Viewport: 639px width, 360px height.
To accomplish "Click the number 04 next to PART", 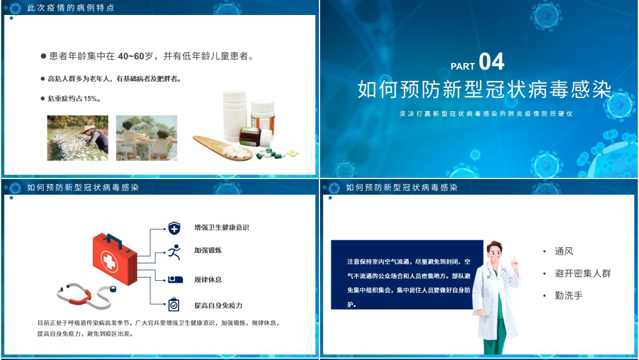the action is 492,62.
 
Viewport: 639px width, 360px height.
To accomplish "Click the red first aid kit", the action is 115,258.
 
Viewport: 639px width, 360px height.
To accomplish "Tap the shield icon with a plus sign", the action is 174,228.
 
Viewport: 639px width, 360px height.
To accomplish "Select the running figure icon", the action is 174,252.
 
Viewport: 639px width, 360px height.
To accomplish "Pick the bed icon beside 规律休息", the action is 175,280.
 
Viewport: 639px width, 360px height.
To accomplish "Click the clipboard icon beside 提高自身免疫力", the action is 173,304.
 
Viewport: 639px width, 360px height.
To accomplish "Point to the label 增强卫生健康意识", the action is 222,227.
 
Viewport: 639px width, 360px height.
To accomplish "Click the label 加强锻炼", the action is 208,250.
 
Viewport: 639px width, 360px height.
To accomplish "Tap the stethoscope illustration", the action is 86,295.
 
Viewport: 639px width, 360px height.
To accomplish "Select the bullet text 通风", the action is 563,251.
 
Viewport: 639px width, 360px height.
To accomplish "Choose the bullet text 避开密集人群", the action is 583,273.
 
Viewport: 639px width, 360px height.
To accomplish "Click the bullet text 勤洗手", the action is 568,295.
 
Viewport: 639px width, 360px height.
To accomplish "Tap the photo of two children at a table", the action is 147,138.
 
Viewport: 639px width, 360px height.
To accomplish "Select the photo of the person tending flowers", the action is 78,138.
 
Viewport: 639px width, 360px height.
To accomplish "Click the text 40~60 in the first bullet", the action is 132,56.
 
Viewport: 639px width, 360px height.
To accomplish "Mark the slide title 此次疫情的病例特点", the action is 71,7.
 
